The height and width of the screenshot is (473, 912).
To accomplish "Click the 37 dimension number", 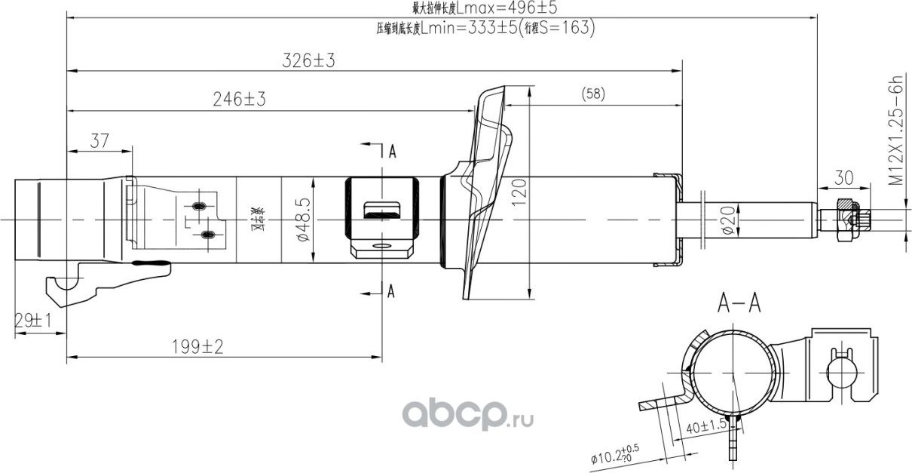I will (99, 140).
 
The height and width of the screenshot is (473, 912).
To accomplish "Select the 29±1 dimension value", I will (32, 321).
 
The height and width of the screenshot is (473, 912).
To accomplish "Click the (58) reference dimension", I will (593, 94).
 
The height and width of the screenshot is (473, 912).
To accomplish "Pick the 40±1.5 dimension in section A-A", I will (706, 426).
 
